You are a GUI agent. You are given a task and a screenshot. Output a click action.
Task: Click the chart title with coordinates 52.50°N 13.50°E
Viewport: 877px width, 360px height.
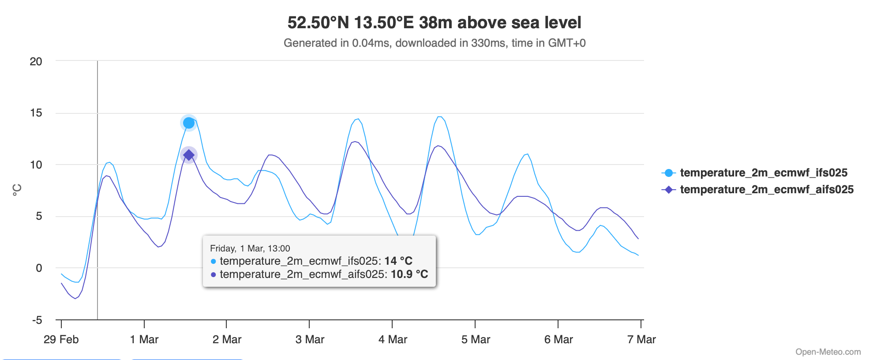[434, 22]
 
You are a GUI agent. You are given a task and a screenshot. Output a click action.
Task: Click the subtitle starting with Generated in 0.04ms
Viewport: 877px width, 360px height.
[434, 43]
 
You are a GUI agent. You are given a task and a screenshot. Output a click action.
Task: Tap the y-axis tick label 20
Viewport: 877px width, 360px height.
[36, 62]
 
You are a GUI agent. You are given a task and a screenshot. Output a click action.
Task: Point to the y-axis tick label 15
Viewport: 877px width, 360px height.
[36, 113]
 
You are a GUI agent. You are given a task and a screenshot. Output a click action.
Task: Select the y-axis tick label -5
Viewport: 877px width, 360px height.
[37, 320]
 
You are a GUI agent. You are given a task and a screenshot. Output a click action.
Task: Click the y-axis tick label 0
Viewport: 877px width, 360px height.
[39, 268]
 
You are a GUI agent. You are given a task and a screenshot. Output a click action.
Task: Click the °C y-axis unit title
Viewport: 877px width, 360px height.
[17, 190]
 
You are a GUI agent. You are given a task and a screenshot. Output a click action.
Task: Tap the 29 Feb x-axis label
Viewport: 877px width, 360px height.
[61, 339]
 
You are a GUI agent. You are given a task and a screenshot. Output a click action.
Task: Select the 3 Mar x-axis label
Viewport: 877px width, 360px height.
[310, 339]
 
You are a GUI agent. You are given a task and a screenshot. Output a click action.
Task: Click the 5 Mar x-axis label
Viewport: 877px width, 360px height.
[476, 339]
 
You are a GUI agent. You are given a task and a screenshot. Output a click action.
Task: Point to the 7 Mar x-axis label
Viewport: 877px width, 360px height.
[641, 339]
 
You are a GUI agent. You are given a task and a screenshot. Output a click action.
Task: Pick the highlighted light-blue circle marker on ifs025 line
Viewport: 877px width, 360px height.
[189, 123]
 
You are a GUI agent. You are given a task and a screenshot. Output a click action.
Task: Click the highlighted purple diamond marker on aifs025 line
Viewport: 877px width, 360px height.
[189, 155]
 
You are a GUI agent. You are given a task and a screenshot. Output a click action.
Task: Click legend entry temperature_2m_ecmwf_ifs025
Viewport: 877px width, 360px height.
[764, 172]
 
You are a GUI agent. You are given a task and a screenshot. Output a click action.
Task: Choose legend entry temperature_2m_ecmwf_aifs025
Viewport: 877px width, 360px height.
[767, 189]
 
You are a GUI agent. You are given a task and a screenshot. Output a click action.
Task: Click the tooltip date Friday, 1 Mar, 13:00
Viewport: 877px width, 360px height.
[250, 248]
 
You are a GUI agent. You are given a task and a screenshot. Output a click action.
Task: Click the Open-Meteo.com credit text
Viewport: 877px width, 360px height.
[828, 352]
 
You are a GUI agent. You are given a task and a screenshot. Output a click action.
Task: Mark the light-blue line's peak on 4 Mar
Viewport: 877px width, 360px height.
[439, 117]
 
